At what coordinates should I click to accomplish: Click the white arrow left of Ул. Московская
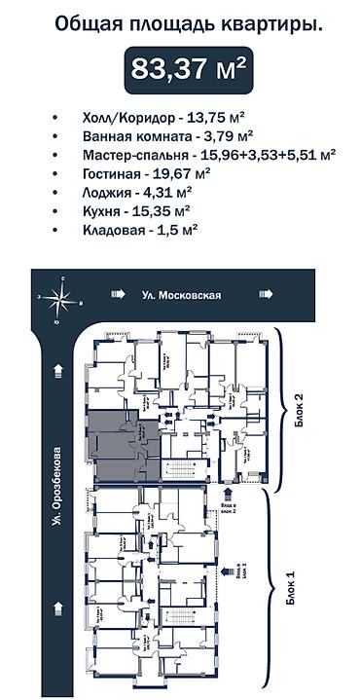pyautogui.click(x=119, y=294)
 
